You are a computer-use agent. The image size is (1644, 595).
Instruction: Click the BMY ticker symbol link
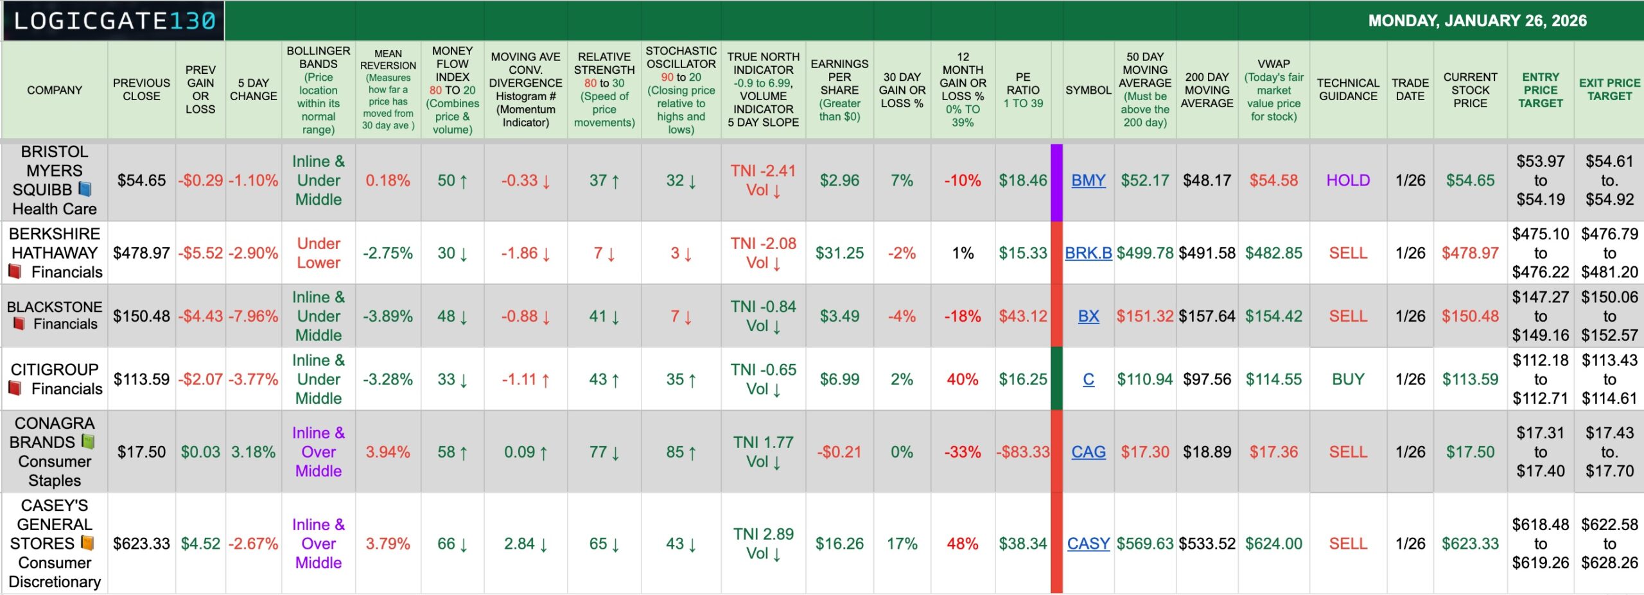coord(1088,180)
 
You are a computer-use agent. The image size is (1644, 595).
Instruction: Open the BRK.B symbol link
coord(1088,253)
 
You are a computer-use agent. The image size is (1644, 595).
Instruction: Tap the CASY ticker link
coord(1088,544)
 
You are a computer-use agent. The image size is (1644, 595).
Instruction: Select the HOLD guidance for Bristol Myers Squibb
coord(1347,180)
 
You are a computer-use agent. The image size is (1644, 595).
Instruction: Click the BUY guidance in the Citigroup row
coord(1347,379)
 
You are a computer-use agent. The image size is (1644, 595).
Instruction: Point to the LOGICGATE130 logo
coord(114,21)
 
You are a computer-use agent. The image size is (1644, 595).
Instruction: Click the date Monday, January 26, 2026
coord(1477,21)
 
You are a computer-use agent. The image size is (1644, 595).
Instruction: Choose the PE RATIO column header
coord(1022,90)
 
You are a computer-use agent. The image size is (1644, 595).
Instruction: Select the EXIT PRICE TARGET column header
coord(1609,90)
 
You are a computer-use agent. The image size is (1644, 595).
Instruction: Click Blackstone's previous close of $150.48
coord(141,316)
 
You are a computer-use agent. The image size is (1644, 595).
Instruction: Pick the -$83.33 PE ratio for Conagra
coord(1022,452)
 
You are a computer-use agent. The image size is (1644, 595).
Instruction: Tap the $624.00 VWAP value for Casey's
coord(1273,544)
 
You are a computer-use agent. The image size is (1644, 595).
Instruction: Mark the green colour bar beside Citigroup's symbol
coord(1056,379)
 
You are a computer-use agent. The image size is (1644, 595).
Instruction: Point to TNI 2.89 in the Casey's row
coord(763,534)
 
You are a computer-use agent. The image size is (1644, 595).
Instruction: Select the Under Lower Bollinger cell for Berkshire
coord(319,253)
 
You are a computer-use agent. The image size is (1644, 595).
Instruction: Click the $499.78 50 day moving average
coord(1144,253)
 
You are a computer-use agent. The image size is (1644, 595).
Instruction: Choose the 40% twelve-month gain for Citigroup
coord(962,379)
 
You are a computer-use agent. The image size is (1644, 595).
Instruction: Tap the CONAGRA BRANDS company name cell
coord(55,451)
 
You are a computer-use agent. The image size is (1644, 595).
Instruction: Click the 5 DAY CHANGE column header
coord(253,90)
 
